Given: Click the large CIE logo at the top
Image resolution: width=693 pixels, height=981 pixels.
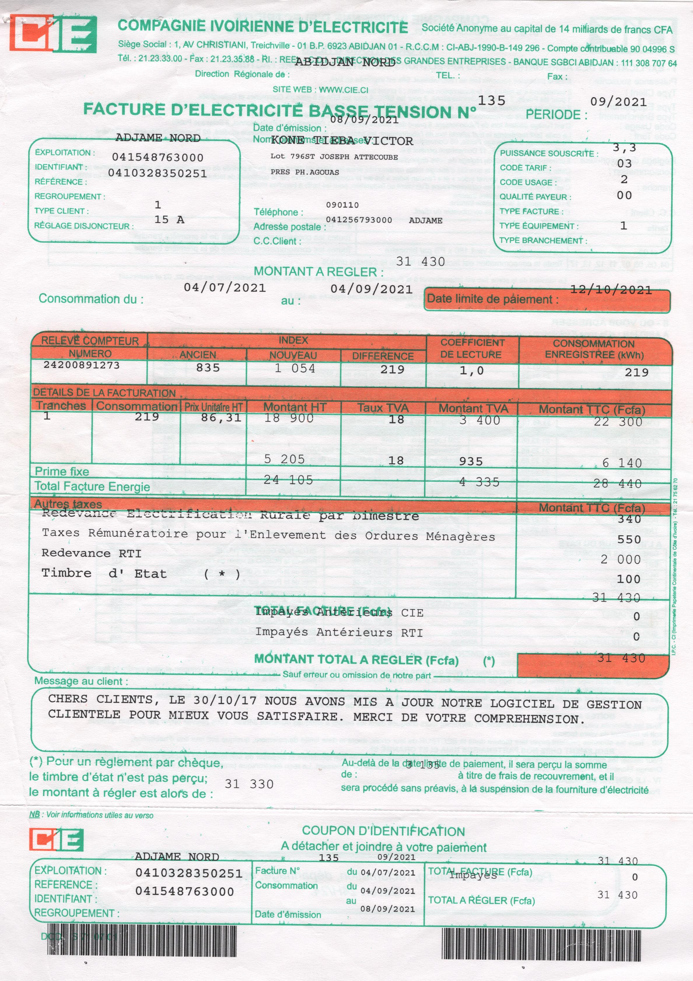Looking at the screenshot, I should pyautogui.click(x=53, y=34).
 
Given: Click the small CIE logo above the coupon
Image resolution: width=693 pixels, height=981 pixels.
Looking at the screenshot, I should pyautogui.click(x=56, y=839).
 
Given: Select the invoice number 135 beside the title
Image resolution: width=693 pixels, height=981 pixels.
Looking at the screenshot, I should pyautogui.click(x=491, y=100).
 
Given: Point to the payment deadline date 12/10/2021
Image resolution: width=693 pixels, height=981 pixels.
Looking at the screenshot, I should pyautogui.click(x=611, y=290).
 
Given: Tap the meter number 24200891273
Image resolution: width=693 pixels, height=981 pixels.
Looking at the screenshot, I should pyautogui.click(x=81, y=365).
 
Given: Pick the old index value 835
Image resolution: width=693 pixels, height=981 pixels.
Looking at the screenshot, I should pyautogui.click(x=208, y=367).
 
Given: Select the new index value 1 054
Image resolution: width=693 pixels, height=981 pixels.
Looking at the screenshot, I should pyautogui.click(x=295, y=368).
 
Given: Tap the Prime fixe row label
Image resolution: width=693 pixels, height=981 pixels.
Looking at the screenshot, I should pyautogui.click(x=62, y=471).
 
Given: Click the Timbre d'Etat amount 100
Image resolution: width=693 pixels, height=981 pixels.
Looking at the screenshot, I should pyautogui.click(x=629, y=579).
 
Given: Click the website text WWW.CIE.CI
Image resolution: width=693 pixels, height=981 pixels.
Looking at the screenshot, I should pyautogui.click(x=343, y=90).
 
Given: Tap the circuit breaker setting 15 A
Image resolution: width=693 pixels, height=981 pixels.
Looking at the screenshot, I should pyautogui.click(x=169, y=220).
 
